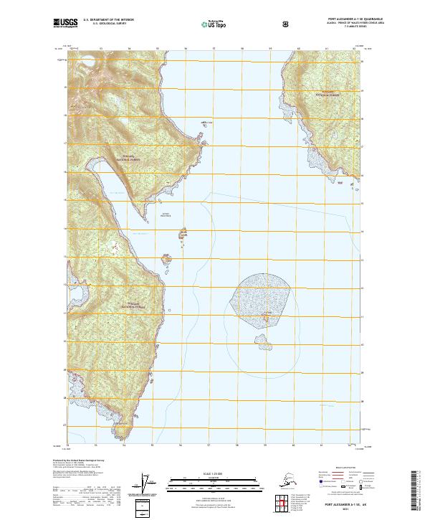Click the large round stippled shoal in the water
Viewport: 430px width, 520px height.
tap(264, 296)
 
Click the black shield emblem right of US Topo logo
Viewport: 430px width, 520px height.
tap(246, 24)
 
